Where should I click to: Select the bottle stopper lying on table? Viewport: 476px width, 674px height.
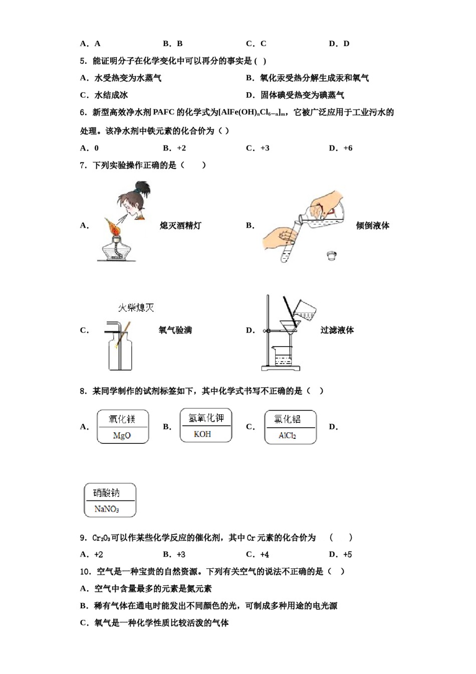point(331,255)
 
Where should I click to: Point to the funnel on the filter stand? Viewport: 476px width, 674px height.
point(289,326)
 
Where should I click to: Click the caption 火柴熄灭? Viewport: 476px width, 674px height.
point(136,307)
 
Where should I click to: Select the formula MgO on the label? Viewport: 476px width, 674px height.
point(122,435)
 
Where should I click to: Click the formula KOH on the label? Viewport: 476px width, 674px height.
point(202,434)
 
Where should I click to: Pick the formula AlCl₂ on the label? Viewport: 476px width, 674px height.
point(288,435)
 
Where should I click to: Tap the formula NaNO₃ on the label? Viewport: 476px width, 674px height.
point(107,509)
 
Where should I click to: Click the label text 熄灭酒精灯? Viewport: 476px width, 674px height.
point(180,226)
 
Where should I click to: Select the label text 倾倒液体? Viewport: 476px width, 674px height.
point(372,226)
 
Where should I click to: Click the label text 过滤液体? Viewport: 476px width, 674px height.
point(337,330)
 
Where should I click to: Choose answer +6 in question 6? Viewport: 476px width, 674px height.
point(348,148)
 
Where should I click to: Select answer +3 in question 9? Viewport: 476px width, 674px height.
point(181,554)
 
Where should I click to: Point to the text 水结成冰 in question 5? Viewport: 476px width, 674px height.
point(111,95)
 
